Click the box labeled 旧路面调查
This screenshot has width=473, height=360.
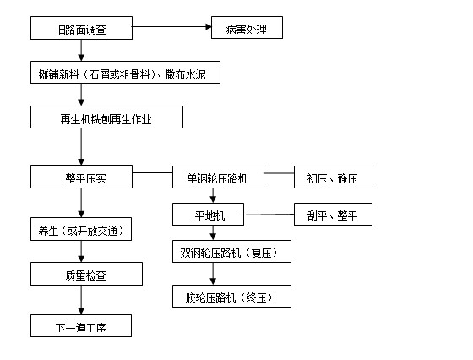(x=81, y=30)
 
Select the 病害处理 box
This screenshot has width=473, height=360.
(x=246, y=30)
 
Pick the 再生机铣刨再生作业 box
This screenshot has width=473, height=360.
(x=106, y=117)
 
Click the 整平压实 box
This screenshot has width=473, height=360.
(x=81, y=177)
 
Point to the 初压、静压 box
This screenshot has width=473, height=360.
(x=332, y=177)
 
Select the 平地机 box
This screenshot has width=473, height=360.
(x=208, y=215)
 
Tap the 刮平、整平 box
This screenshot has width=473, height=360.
(x=332, y=215)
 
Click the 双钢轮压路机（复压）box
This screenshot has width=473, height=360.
(x=232, y=252)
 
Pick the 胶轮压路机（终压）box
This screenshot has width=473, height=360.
(x=232, y=297)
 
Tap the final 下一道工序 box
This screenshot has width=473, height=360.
(x=81, y=325)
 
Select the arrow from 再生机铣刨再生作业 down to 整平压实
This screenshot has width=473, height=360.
(x=81, y=147)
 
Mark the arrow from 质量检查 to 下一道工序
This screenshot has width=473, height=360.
(x=81, y=300)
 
